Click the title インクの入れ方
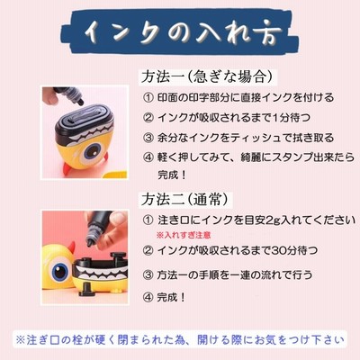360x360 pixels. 183,33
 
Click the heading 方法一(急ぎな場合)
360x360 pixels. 208,76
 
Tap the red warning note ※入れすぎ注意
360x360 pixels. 184,235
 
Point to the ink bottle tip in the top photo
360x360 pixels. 80,103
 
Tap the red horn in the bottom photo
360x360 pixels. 71,248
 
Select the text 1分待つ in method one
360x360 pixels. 292,118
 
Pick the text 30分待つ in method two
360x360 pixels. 294,250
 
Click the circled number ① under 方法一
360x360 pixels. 148,97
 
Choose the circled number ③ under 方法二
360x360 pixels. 148,274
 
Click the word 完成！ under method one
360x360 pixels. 172,175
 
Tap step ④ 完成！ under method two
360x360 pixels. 165,297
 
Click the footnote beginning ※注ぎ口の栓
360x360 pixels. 180,340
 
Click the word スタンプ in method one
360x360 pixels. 287,157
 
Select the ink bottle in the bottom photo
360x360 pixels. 96,229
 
